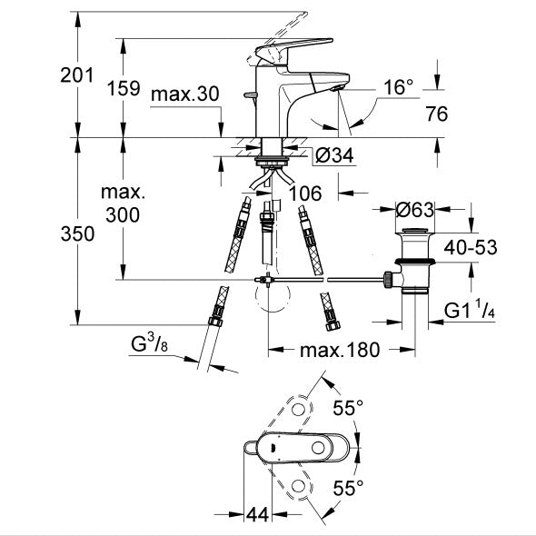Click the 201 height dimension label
(x=76, y=75)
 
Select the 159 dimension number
(x=124, y=88)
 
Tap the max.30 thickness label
(x=185, y=94)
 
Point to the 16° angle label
(x=398, y=87)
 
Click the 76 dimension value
(x=437, y=114)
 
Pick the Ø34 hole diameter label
(x=334, y=155)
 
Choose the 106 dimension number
(x=305, y=194)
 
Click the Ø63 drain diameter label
(x=414, y=209)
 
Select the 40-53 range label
(x=471, y=247)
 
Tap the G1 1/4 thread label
(x=470, y=310)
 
